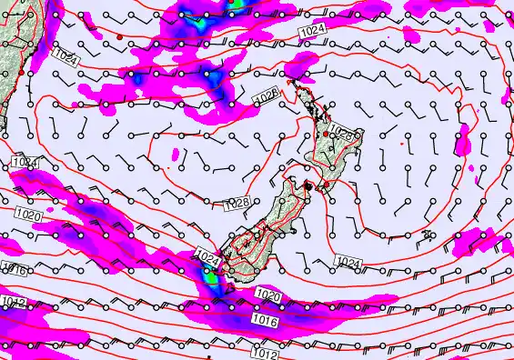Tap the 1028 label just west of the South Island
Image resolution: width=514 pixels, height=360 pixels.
click(237, 202)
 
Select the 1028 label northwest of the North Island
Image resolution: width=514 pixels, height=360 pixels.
click(265, 95)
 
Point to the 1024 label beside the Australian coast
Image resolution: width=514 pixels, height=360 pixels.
click(66, 58)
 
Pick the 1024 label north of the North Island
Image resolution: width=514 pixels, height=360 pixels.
click(311, 33)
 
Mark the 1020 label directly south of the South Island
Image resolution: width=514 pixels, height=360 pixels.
click(267, 295)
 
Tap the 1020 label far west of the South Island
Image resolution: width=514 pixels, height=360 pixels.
click(28, 215)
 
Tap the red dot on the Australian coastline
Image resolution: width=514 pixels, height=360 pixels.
click(19, 72)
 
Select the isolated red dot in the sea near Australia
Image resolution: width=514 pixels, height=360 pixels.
click(118, 36)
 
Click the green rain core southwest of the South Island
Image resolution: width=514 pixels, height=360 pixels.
click(211, 277)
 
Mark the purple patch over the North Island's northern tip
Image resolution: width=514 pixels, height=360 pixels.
click(301, 65)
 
